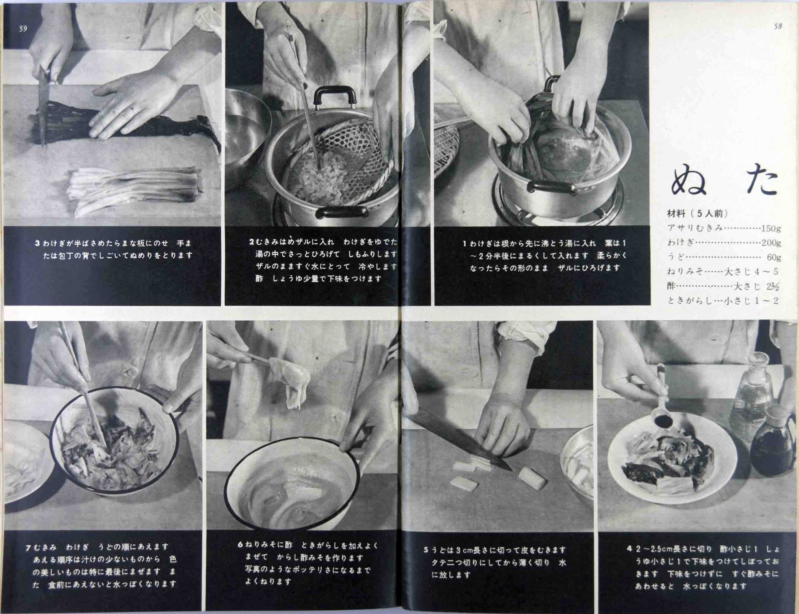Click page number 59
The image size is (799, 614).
(x=23, y=29)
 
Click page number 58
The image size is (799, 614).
(x=777, y=27)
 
